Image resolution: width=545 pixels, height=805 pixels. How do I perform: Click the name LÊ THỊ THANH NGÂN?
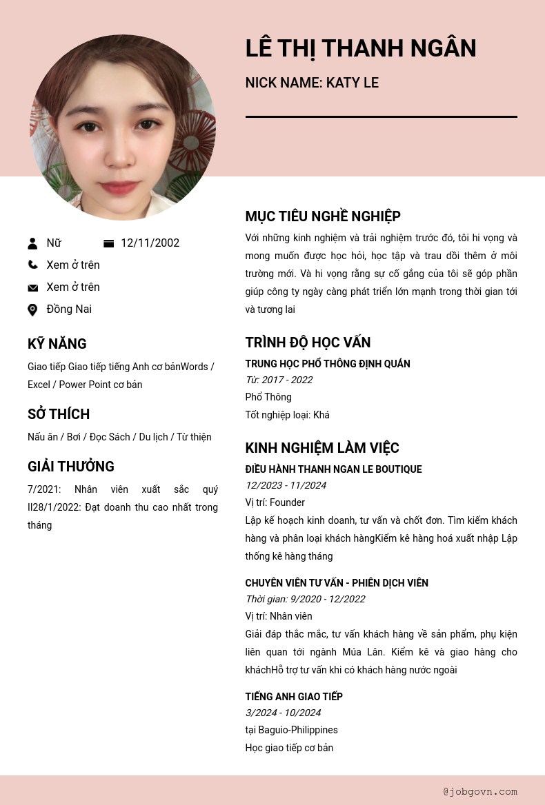pos(360,49)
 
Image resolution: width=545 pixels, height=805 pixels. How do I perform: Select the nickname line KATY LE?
pos(312,83)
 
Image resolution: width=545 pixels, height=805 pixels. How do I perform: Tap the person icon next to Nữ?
pos(32,243)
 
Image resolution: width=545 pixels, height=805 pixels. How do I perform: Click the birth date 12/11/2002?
pos(150,243)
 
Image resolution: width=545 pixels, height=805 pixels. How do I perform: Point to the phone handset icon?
pos(32,265)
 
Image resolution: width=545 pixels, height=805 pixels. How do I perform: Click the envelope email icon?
pos(32,288)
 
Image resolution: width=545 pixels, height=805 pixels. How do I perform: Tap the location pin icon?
pos(32,310)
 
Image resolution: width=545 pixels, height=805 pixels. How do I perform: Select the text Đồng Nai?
pos(69,309)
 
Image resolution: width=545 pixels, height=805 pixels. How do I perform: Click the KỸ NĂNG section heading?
pos(57,344)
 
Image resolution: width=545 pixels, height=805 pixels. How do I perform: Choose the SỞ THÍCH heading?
pos(59,414)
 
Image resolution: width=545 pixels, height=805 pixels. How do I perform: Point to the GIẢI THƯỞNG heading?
pos(71,467)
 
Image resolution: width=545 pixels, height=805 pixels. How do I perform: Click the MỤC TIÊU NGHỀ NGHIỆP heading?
pos(323,216)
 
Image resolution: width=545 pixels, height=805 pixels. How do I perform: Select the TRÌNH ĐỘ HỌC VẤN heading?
pos(308,343)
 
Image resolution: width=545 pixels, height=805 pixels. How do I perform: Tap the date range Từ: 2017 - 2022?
pos(279,380)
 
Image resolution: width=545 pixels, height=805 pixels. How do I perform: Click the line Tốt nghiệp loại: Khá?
pos(287,415)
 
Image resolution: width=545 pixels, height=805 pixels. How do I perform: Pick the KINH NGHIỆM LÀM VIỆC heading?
pos(322,448)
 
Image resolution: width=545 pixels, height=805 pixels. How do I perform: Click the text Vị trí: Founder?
pos(275,502)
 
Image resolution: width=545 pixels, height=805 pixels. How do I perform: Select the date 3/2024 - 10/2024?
pos(283,713)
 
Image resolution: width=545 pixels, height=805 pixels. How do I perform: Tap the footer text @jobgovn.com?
pos(480,792)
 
